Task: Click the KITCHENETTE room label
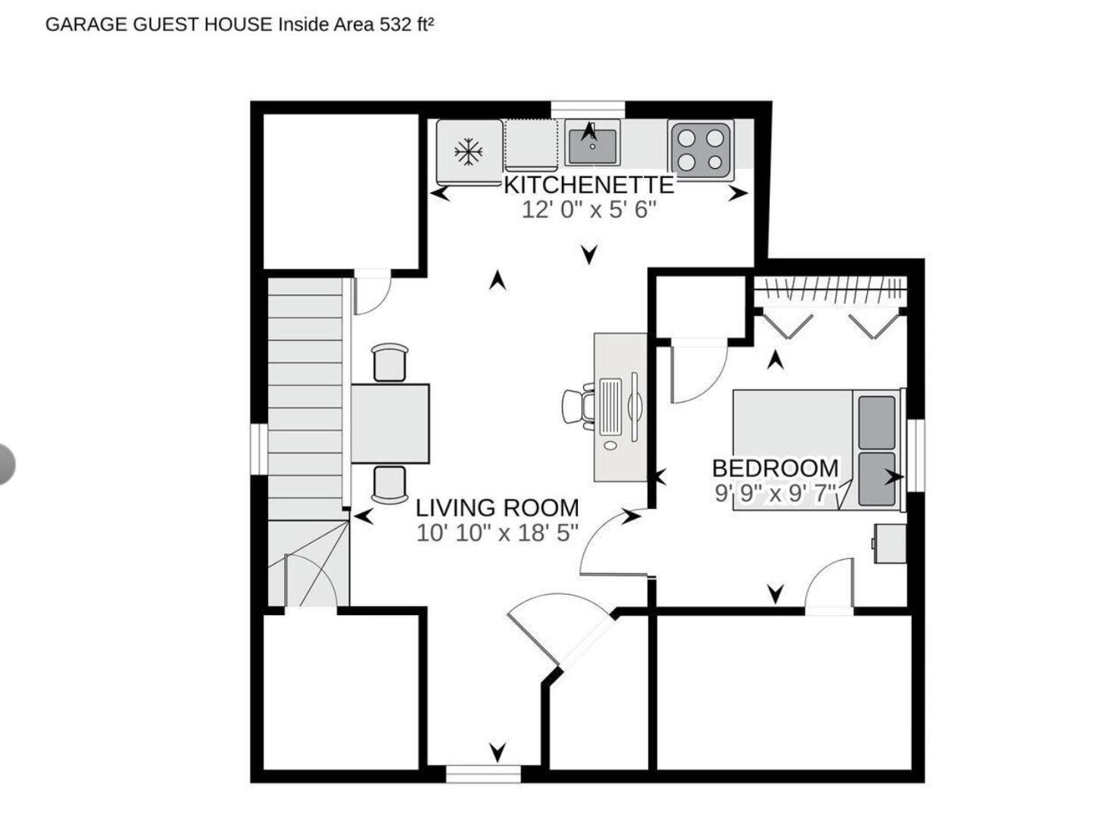click(x=589, y=185)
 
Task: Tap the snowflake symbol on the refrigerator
click(x=468, y=152)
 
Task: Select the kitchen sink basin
click(x=592, y=146)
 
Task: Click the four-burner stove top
click(x=701, y=150)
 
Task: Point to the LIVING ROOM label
click(x=498, y=508)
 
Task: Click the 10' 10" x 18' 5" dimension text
click(x=498, y=533)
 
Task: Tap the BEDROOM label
click(x=775, y=468)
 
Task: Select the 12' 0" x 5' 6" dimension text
click(x=589, y=210)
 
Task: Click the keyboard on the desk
click(x=610, y=406)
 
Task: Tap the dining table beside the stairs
click(x=390, y=423)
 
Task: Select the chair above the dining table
click(x=389, y=363)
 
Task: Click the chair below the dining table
click(x=389, y=485)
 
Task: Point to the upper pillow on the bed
click(x=877, y=422)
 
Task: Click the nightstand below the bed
click(x=889, y=544)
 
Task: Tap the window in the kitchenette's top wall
click(x=588, y=110)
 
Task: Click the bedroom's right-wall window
click(x=916, y=455)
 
